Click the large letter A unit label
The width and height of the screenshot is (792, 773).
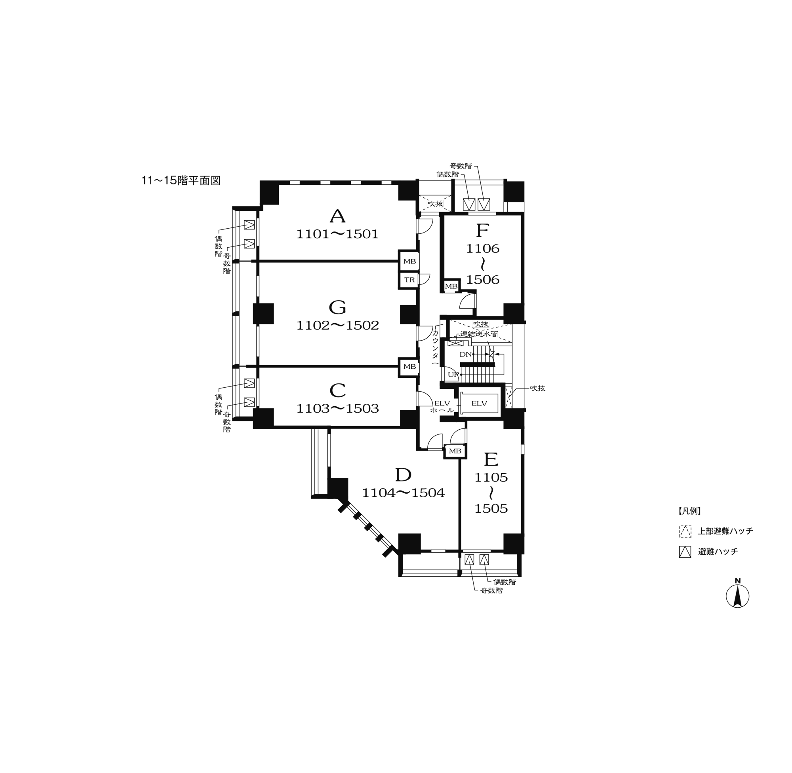tap(337, 216)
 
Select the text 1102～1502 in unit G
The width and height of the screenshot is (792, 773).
tap(337, 325)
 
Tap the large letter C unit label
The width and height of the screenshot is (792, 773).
tap(337, 390)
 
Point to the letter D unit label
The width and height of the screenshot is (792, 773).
tap(403, 475)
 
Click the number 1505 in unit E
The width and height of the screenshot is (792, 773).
tap(491, 508)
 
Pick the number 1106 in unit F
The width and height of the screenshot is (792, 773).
tap(482, 248)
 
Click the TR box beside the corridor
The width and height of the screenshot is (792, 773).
tap(409, 280)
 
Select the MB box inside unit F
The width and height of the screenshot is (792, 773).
tap(451, 286)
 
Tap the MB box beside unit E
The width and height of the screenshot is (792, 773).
tap(455, 451)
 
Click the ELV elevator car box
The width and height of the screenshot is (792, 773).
tap(479, 403)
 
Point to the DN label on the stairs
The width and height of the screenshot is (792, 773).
tap(465, 354)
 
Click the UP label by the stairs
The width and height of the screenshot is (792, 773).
tap(453, 374)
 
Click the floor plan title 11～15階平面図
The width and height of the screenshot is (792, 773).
tap(181, 180)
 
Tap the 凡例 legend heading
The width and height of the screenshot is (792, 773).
tap(689, 511)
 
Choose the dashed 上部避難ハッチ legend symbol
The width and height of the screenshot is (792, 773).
tap(685, 531)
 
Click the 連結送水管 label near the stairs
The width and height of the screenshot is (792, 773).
tap(479, 334)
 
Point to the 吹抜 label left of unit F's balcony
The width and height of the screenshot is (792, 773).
tap(435, 203)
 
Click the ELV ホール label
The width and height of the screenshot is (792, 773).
tap(442, 406)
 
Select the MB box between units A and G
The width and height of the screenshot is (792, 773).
tap(409, 261)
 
